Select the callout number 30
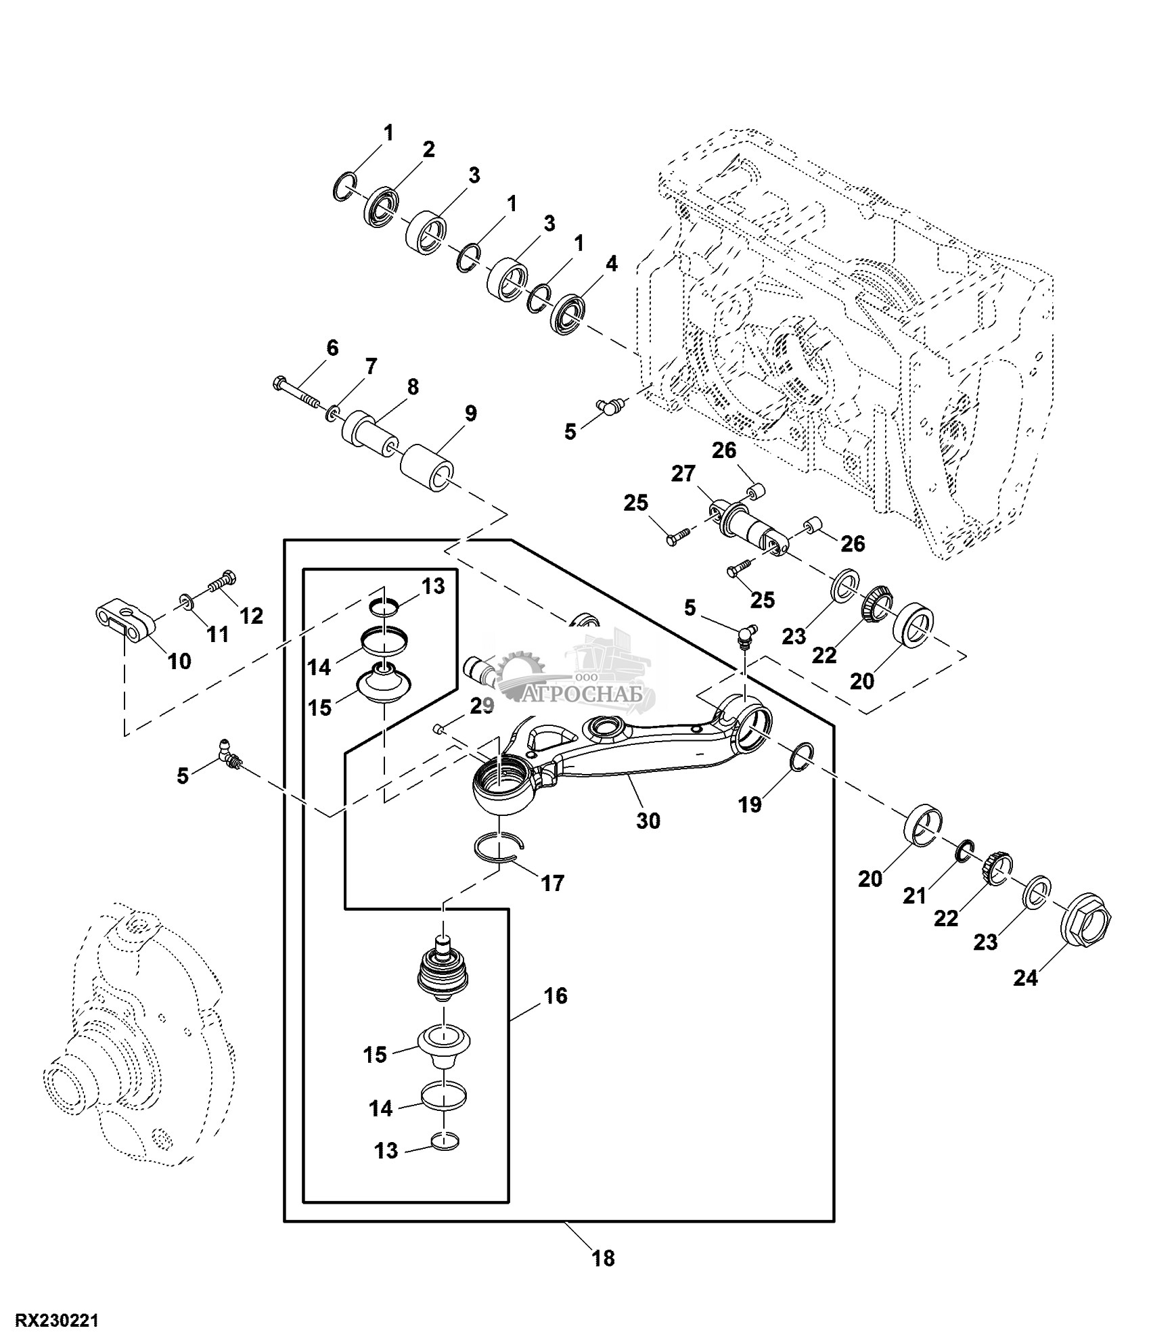pyautogui.click(x=648, y=821)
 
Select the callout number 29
pyautogui.click(x=482, y=706)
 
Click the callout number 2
pyautogui.click(x=428, y=150)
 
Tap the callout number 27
pyautogui.click(x=683, y=474)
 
